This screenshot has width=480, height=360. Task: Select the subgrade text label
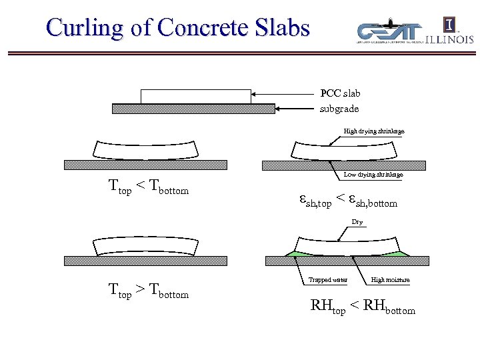coord(339,108)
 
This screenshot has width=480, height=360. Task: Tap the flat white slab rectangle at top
coord(196,96)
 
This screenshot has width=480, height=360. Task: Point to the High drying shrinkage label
coord(373,131)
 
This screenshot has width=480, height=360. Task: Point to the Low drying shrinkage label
coord(373,175)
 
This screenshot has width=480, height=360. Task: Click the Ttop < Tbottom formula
coord(148,189)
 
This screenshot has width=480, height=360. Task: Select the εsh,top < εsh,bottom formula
coord(347,199)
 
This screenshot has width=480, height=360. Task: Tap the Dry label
coord(357,222)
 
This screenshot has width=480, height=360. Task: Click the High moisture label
coord(390,280)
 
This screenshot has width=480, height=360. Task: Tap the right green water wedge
coord(401,253)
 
